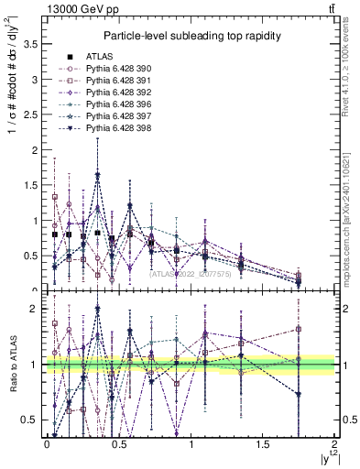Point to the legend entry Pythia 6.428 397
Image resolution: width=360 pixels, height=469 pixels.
point(116,118)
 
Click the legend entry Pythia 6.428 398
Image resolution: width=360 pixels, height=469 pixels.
point(116,131)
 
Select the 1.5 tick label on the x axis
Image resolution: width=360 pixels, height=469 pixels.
point(263,443)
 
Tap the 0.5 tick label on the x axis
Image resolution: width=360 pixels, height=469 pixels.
point(118,443)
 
